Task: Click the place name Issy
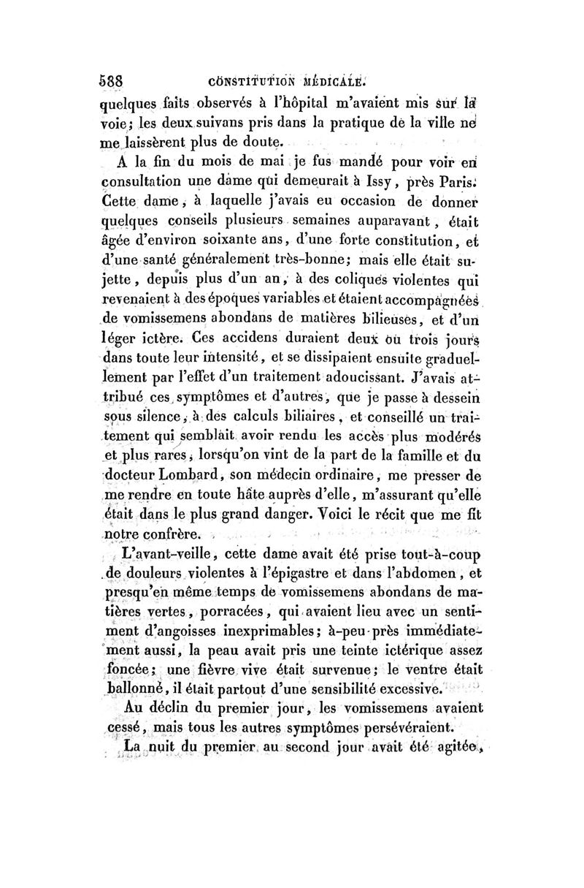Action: click(x=385, y=178)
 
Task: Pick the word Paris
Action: click(x=456, y=178)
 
